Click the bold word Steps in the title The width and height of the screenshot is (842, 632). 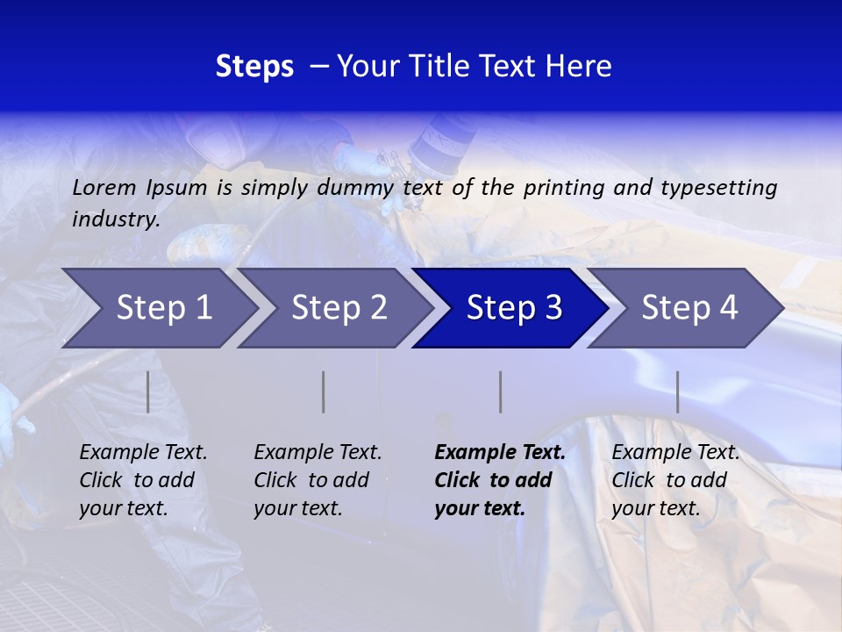pyautogui.click(x=254, y=67)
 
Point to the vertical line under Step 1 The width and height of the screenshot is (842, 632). pyautogui.click(x=148, y=391)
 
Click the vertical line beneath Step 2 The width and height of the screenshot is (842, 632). pyautogui.click(x=324, y=391)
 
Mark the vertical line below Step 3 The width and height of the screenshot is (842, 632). pyautogui.click(x=500, y=391)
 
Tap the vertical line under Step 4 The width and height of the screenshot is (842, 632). pyautogui.click(x=677, y=391)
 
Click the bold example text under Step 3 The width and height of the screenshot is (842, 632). pyautogui.click(x=499, y=480)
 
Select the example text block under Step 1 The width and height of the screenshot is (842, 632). pyautogui.click(x=143, y=480)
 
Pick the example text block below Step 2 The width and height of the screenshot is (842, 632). pyautogui.click(x=318, y=480)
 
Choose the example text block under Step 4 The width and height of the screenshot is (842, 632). pyautogui.click(x=674, y=480)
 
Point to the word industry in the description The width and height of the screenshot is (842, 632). pyautogui.click(x=116, y=219)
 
